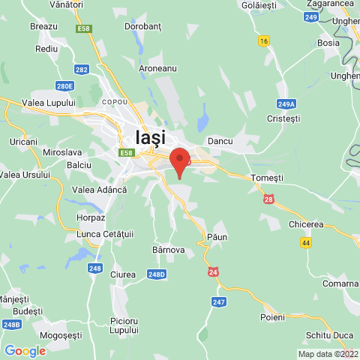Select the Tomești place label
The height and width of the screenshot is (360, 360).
pyautogui.click(x=268, y=178)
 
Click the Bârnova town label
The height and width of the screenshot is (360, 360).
pyautogui.click(x=168, y=249)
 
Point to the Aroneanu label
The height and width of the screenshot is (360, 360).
pyautogui.click(x=157, y=68)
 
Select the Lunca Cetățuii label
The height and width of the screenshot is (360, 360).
pyautogui.click(x=105, y=235)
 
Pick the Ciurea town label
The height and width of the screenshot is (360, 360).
pyautogui.click(x=123, y=274)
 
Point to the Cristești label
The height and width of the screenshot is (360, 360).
pyautogui.click(x=283, y=118)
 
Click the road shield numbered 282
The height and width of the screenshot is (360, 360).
pyautogui.click(x=82, y=70)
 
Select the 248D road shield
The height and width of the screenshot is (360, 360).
pyautogui.click(x=156, y=274)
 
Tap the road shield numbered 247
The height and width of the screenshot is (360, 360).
pyautogui.click(x=218, y=301)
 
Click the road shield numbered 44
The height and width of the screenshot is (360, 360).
pyautogui.click(x=306, y=242)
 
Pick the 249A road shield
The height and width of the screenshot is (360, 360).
pyautogui.click(x=286, y=104)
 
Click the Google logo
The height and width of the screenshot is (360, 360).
pyautogui.click(x=25, y=350)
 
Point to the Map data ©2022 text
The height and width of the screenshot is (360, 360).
pyautogui.click(x=328, y=354)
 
